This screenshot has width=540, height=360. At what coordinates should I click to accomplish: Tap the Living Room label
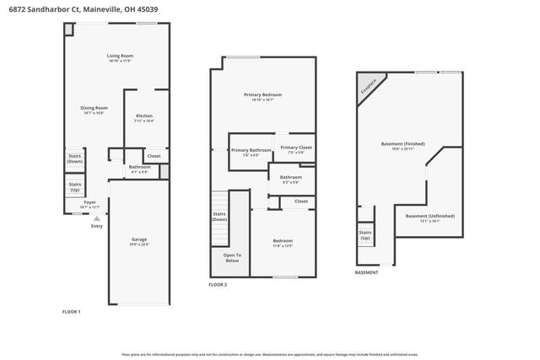click(121, 58)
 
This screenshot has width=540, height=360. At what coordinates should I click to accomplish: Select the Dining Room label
click(94, 110)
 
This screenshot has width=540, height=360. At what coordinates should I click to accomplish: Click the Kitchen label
click(144, 117)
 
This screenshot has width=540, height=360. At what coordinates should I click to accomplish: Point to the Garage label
click(138, 241)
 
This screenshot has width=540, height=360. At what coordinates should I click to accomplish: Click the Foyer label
click(89, 204)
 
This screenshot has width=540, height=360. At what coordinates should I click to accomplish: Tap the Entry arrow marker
click(96, 218)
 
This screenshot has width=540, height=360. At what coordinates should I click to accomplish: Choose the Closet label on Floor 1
click(154, 156)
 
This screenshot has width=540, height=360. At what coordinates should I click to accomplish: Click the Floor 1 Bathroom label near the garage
click(139, 168)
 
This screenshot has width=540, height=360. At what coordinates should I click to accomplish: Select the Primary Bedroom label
click(262, 96)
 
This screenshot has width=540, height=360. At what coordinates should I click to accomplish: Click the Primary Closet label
click(296, 149)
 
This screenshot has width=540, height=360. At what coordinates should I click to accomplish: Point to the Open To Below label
click(232, 257)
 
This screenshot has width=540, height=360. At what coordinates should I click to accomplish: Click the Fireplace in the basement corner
click(369, 87)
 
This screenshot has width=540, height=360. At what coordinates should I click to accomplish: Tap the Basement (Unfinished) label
click(429, 217)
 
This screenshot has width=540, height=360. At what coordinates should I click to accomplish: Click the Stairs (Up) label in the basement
click(365, 234)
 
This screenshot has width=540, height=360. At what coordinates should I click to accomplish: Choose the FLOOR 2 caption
click(218, 285)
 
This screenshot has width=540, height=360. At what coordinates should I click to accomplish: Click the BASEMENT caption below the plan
click(366, 272)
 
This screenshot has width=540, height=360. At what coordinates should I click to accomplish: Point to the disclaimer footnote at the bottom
click(269, 355)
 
